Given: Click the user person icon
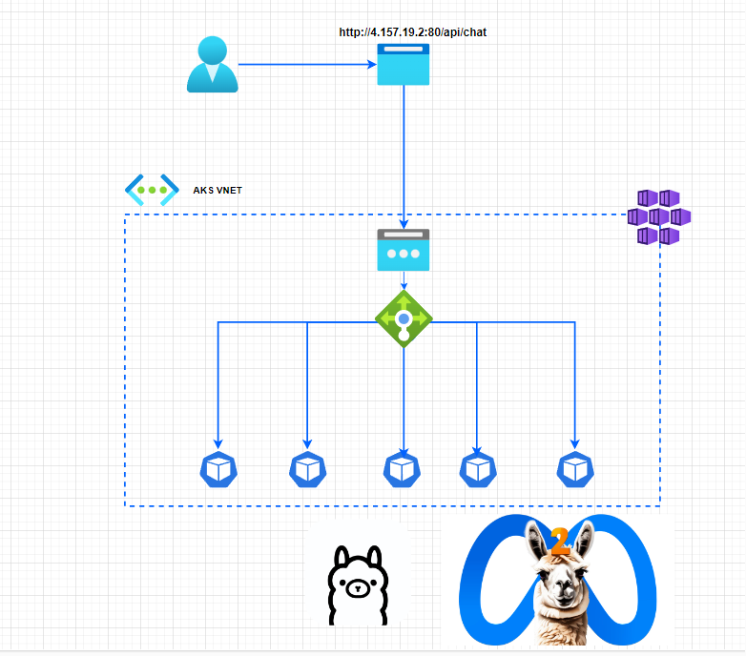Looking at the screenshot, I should point(212,64).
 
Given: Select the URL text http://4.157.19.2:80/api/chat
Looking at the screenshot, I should point(413,31).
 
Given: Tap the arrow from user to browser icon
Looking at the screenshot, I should point(305,64).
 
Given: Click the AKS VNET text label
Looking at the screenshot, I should point(218,191).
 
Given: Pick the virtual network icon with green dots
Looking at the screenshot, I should point(152,190).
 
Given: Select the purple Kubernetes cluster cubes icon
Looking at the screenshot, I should point(658,216).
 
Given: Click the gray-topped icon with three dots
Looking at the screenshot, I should point(404,249).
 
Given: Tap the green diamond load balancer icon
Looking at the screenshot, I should point(404,318).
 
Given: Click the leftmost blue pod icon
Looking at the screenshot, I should point(218,469).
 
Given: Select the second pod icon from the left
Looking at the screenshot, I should point(307,469).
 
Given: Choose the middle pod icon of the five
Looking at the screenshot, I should point(403,469).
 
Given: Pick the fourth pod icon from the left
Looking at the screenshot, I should point(478,469).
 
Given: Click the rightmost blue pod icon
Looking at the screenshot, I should point(575,469).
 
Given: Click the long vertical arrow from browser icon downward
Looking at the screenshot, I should point(404,153).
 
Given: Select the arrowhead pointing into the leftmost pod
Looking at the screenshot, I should point(218,443).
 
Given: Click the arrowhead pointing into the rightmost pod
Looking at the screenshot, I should point(575,443).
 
